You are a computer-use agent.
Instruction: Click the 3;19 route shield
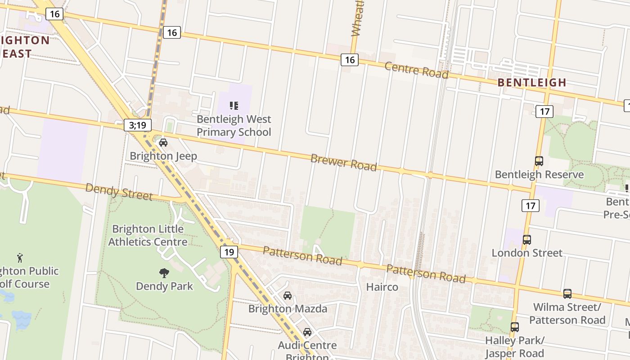click(138, 125)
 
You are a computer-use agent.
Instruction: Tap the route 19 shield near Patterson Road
click(229, 252)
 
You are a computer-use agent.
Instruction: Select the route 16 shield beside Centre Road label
click(349, 59)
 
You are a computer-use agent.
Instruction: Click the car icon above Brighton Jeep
click(163, 143)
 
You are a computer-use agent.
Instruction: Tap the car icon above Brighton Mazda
click(288, 296)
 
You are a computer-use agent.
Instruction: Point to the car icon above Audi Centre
click(307, 332)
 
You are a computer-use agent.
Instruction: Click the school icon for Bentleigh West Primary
click(234, 106)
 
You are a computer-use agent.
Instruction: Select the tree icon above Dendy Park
click(164, 273)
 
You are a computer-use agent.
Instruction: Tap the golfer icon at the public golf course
click(20, 258)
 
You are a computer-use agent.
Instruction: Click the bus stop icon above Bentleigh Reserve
click(539, 161)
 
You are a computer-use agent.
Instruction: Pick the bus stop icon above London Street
click(527, 239)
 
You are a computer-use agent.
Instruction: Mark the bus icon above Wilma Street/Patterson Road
click(567, 294)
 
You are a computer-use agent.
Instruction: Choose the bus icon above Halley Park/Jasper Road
click(515, 327)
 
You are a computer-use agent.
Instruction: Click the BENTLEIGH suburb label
click(531, 82)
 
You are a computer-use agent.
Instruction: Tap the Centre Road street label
click(416, 70)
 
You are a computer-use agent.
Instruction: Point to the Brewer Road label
click(343, 162)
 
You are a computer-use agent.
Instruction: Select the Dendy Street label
click(119, 191)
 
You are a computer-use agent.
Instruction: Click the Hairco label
click(382, 287)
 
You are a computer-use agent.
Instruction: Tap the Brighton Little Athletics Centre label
click(148, 235)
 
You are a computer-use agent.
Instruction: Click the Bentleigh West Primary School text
click(234, 126)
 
